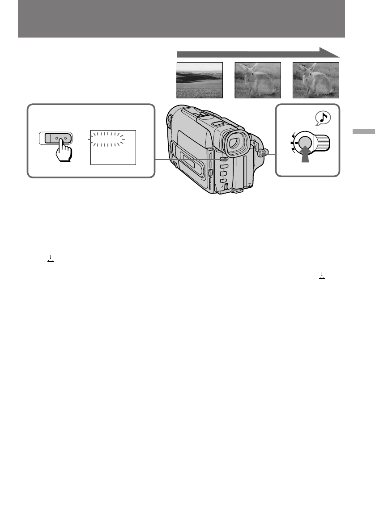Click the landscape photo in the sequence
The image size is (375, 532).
(x=200, y=80)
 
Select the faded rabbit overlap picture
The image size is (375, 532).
(x=258, y=80)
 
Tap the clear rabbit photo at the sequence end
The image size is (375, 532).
(x=316, y=80)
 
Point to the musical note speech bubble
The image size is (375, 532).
(x=323, y=118)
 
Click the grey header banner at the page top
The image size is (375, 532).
(x=181, y=19)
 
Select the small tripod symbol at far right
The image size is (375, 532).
(x=321, y=277)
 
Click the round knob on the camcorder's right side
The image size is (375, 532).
(x=263, y=154)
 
